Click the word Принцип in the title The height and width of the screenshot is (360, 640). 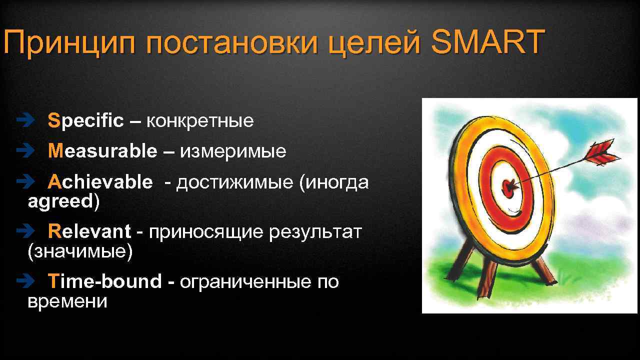click(70, 42)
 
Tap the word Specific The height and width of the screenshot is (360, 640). click(85, 120)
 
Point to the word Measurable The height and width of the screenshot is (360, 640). click(102, 151)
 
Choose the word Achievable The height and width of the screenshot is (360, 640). click(100, 182)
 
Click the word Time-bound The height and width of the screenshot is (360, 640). click(104, 282)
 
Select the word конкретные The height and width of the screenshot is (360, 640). click(200, 121)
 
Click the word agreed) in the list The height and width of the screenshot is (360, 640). click(64, 201)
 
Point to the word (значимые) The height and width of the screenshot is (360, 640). click(80, 251)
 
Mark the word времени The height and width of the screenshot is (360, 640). click(67, 301)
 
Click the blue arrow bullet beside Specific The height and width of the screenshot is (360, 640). click(23, 120)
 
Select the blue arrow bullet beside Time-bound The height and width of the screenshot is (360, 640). click(23, 282)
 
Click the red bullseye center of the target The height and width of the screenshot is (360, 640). click(509, 187)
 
